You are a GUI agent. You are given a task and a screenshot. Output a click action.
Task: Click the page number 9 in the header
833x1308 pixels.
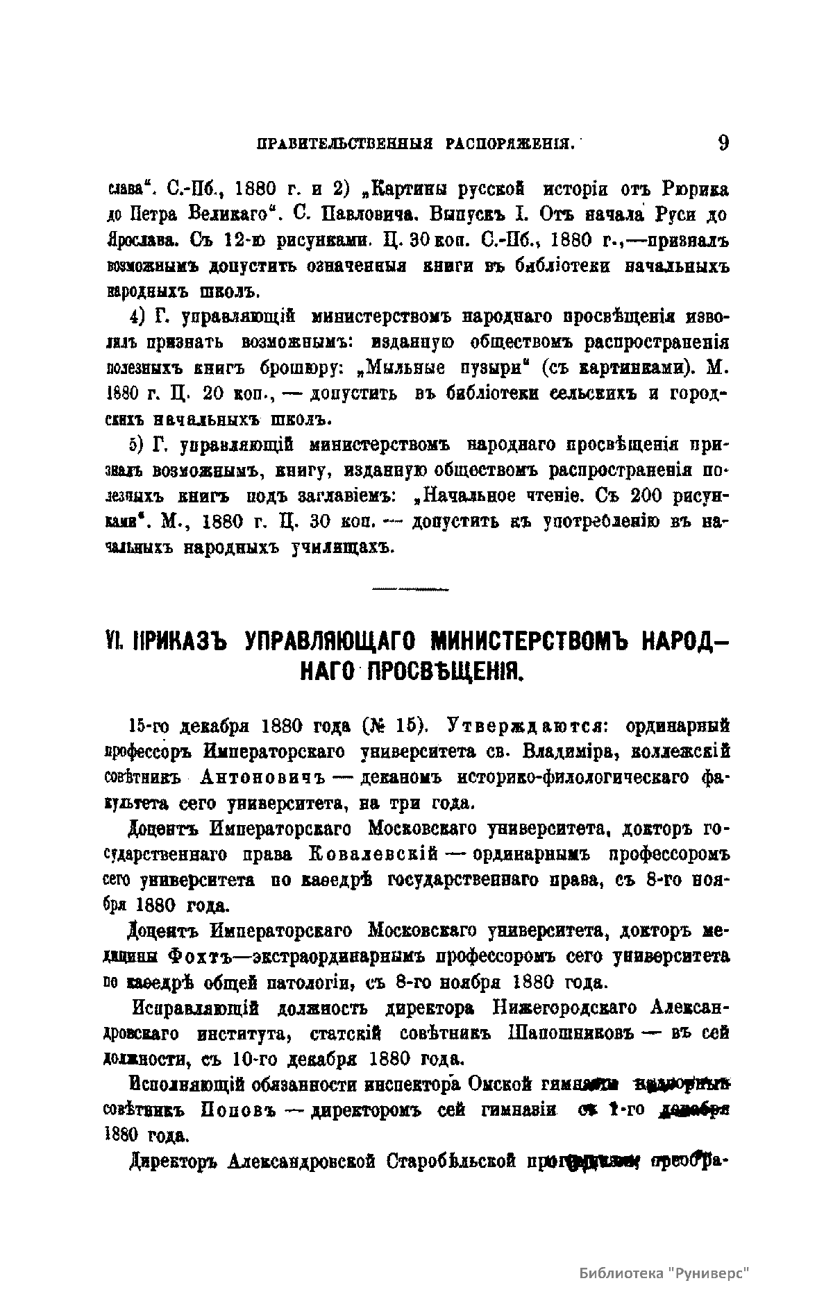723,143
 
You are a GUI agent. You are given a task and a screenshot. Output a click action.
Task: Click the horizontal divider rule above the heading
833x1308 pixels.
411,590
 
